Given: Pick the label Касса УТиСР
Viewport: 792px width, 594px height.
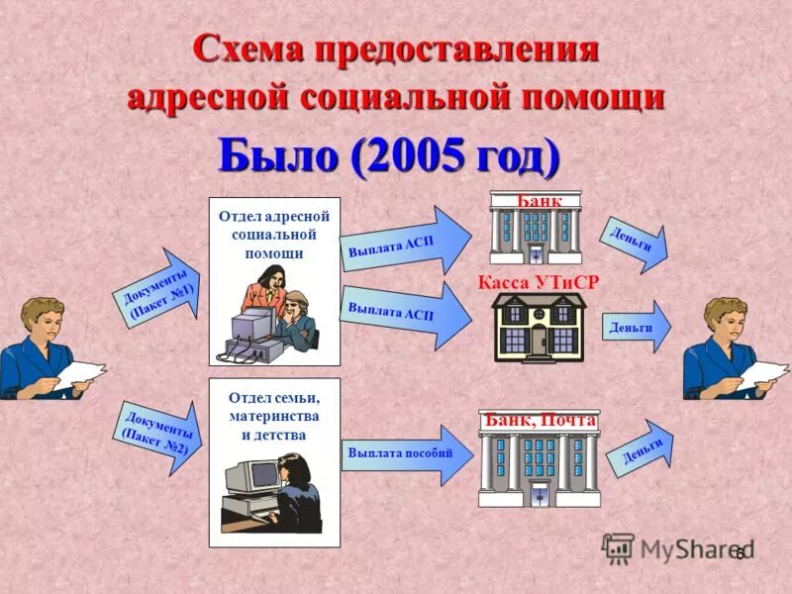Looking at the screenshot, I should pos(539,282).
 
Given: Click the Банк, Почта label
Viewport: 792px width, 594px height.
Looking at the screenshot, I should pos(540,420).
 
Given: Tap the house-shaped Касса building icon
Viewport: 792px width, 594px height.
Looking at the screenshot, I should pos(539,328).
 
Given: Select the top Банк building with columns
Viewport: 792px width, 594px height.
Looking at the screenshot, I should pos(535,232).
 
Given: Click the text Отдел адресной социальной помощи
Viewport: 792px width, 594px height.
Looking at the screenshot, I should pos(273,234).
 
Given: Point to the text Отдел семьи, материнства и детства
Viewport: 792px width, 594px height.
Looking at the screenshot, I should pos(273,415).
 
